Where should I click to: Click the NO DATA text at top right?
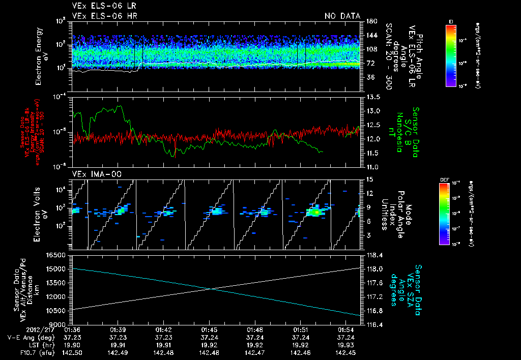tap(342, 16)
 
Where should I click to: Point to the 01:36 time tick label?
tap(73, 329)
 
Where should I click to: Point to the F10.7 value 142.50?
tap(73, 352)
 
